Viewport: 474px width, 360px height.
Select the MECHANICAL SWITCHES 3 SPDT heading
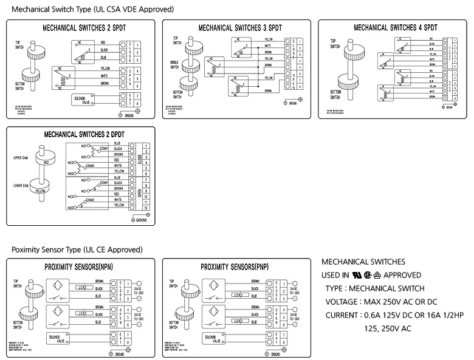coord(241,28)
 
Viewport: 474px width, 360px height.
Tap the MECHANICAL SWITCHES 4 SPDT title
coord(395,27)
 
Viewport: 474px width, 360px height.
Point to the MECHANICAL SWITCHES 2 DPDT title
coord(80,134)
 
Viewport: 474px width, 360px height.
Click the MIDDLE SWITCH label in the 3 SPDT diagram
coord(175,64)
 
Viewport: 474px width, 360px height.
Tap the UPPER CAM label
coord(22,158)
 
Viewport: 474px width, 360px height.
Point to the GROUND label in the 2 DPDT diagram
coord(141,220)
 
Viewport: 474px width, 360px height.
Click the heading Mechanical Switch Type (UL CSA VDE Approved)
coord(92,10)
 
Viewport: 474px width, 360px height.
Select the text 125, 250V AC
coord(388,328)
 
